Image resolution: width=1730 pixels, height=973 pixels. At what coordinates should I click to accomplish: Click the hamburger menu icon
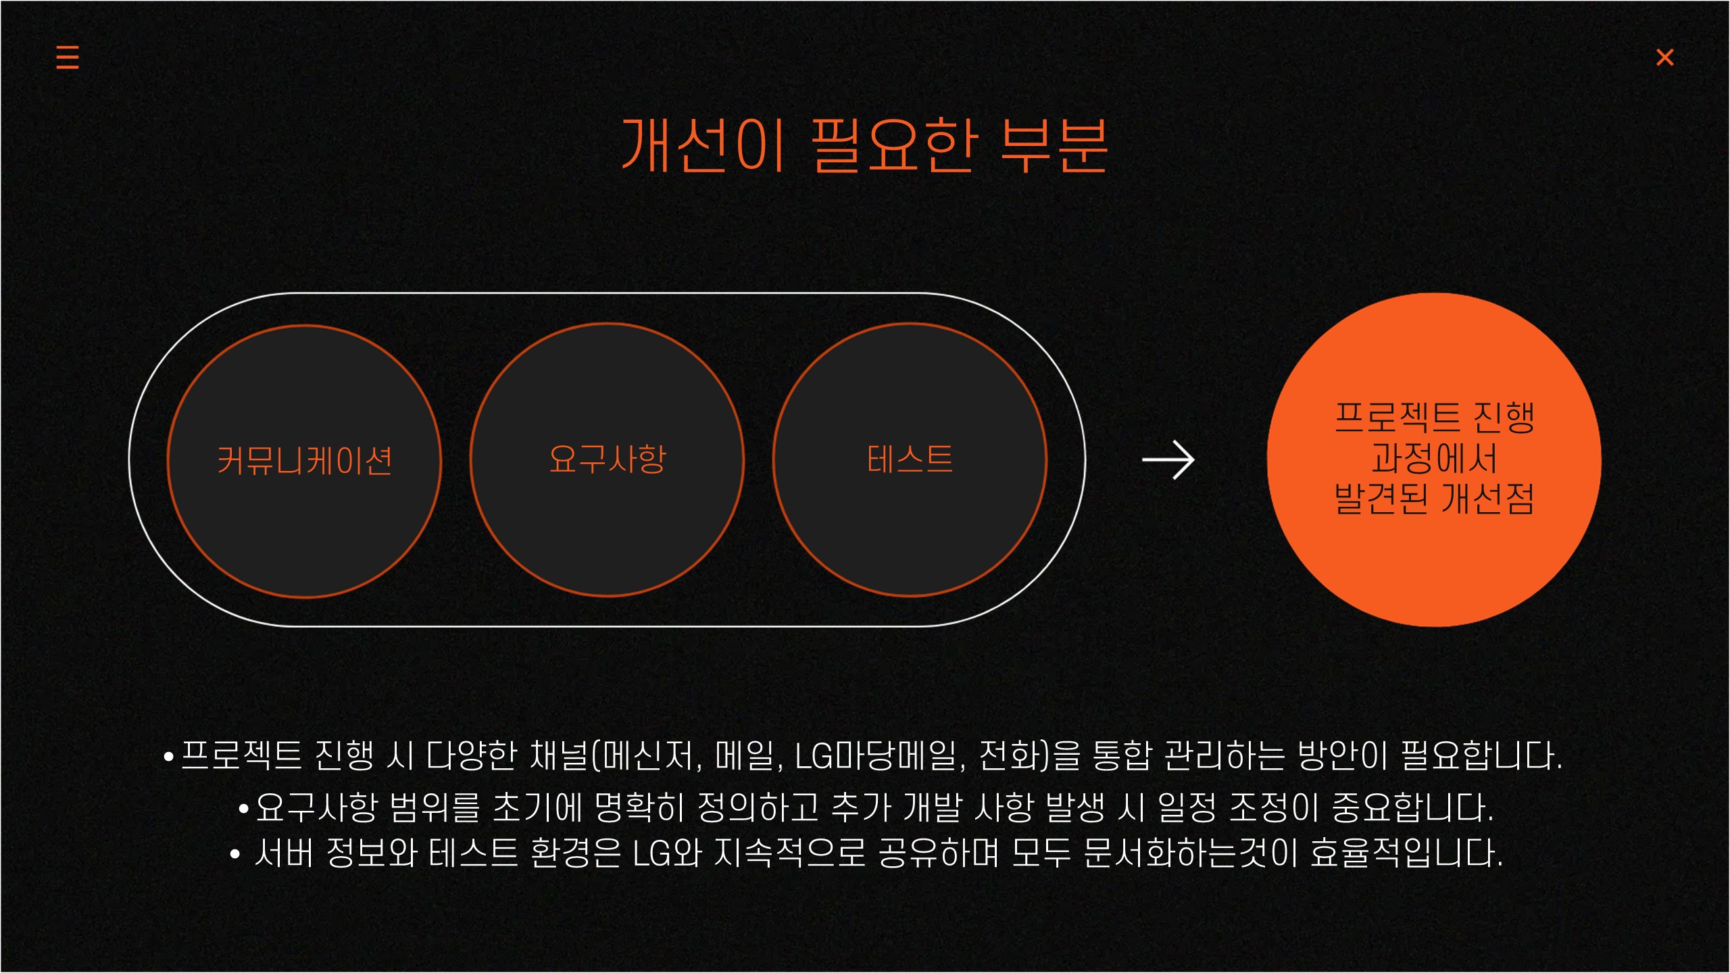[x=68, y=57]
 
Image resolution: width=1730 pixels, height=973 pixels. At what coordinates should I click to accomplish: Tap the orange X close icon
[x=1664, y=57]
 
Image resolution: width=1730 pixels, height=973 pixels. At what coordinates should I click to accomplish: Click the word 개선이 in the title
[x=703, y=145]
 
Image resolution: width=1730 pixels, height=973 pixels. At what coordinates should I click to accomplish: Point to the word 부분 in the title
[x=1054, y=145]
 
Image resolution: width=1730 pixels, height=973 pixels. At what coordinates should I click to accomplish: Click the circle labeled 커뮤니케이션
[x=304, y=461]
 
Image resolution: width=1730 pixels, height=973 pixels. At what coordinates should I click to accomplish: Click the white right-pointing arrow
[x=1168, y=460]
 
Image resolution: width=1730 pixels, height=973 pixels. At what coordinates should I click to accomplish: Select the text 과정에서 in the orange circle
[x=1434, y=459]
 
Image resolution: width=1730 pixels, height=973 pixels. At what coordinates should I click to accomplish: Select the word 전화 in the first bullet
[x=1010, y=756]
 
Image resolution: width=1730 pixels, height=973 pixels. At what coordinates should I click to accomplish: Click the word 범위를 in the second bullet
[x=435, y=807]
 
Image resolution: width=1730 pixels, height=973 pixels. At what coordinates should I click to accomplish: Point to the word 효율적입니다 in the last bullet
[x=1406, y=853]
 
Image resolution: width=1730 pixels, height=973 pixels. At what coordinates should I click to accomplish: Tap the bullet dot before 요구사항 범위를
[x=244, y=808]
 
